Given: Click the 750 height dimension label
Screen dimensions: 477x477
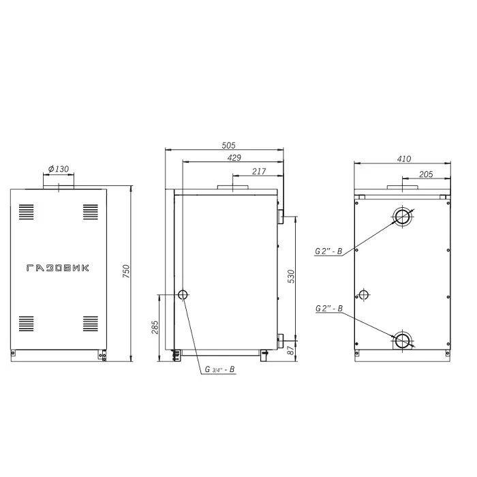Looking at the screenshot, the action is point(126,271).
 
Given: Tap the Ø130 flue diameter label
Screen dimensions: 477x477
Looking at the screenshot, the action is point(59,169).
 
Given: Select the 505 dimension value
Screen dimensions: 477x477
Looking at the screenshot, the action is point(228,145).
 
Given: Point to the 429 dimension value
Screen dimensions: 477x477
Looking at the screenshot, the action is point(234,157).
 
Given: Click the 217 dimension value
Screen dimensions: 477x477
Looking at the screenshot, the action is point(259,172).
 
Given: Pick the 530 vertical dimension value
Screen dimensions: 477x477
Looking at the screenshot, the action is point(291,276).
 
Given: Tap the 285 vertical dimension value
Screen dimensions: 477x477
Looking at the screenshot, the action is point(155,327).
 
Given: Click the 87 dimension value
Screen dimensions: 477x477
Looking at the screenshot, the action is point(291,350).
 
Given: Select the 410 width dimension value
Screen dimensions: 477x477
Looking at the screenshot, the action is point(403,159).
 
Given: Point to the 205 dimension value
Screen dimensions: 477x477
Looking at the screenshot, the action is point(426,174).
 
